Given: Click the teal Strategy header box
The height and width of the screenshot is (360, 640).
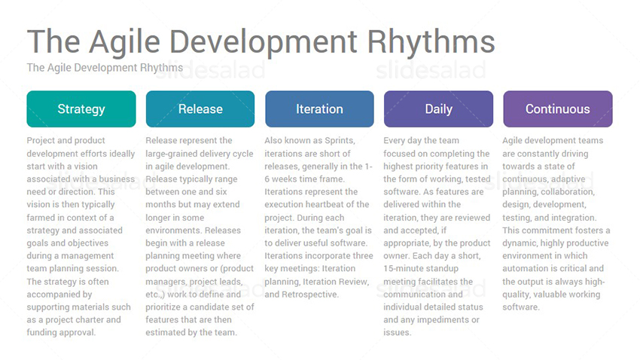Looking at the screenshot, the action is tap(81, 109).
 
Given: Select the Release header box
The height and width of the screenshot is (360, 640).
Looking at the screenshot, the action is tap(200, 109).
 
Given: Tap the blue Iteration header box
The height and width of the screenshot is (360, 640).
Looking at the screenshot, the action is tap(319, 109).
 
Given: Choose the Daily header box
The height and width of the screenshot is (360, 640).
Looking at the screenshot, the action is tap(438, 109).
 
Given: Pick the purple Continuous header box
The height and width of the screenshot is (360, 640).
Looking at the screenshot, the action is tap(557, 109).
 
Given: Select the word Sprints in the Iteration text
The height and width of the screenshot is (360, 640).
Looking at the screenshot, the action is tap(340, 140).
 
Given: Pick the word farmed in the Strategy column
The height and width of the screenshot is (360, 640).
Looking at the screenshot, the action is tap(40, 218).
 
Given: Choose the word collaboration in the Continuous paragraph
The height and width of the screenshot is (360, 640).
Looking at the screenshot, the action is tap(568, 192).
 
